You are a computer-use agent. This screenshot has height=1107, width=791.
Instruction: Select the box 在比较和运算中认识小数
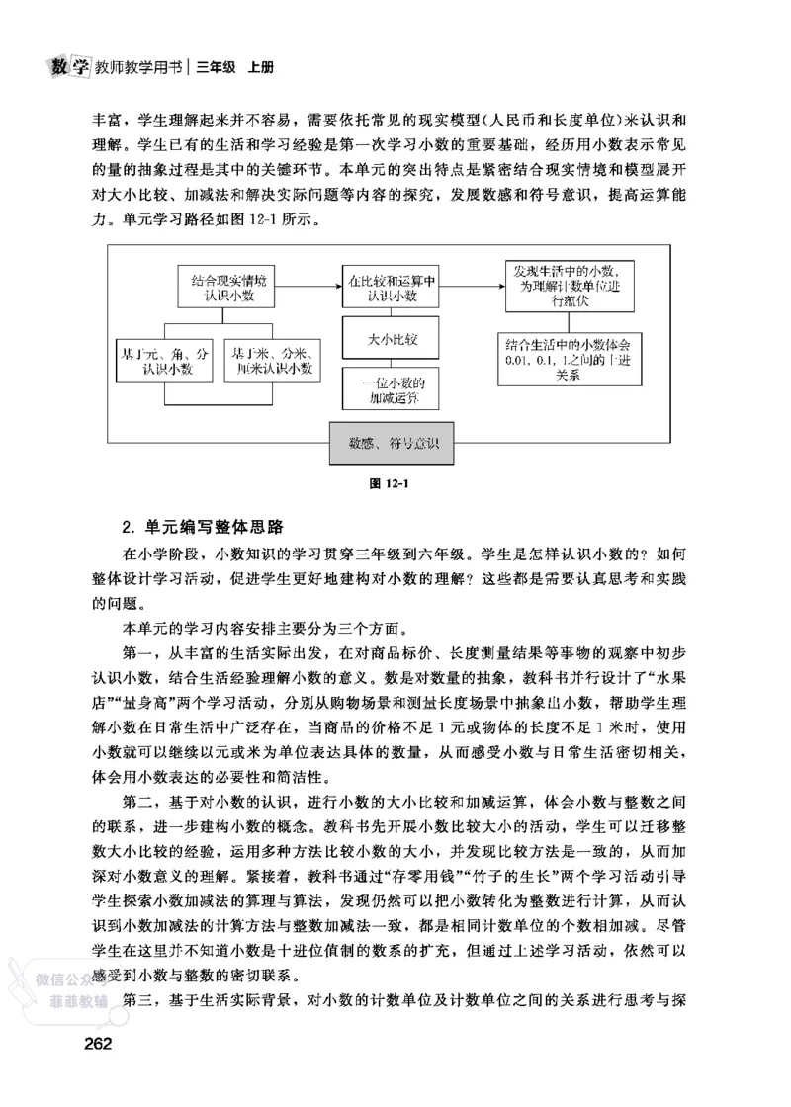391,287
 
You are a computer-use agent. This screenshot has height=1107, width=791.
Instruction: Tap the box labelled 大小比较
391,340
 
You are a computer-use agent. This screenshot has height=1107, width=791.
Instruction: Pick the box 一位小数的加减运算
391,390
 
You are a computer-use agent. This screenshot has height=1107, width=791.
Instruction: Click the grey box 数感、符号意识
392,441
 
